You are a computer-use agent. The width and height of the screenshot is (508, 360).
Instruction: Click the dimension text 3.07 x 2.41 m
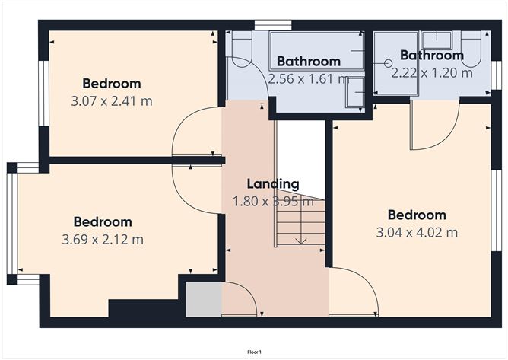(x=113, y=100)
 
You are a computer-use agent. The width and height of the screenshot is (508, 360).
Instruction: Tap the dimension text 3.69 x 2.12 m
(x=103, y=239)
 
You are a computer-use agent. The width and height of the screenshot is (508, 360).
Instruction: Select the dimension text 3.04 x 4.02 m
(x=417, y=232)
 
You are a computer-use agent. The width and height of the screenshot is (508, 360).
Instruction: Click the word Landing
(x=272, y=183)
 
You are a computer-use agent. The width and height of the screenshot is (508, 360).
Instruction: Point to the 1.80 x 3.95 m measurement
(x=272, y=201)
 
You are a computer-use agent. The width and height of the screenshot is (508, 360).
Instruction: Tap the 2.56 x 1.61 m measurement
(x=308, y=78)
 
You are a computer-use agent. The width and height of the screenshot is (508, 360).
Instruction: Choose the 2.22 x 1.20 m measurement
(x=431, y=73)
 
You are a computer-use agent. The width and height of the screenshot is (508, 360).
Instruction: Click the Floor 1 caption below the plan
(x=254, y=352)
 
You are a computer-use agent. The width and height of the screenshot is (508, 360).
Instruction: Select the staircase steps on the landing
(x=300, y=223)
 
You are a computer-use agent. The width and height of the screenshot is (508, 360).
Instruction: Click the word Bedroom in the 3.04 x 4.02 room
(x=417, y=215)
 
